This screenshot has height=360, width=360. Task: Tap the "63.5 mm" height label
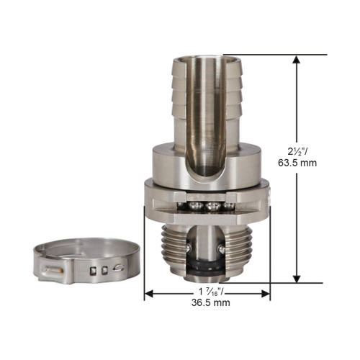point(312,163)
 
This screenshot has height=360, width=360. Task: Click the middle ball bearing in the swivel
point(211,207)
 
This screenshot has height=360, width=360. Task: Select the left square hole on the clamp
point(93,271)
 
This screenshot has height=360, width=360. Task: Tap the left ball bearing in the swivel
point(195,207)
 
